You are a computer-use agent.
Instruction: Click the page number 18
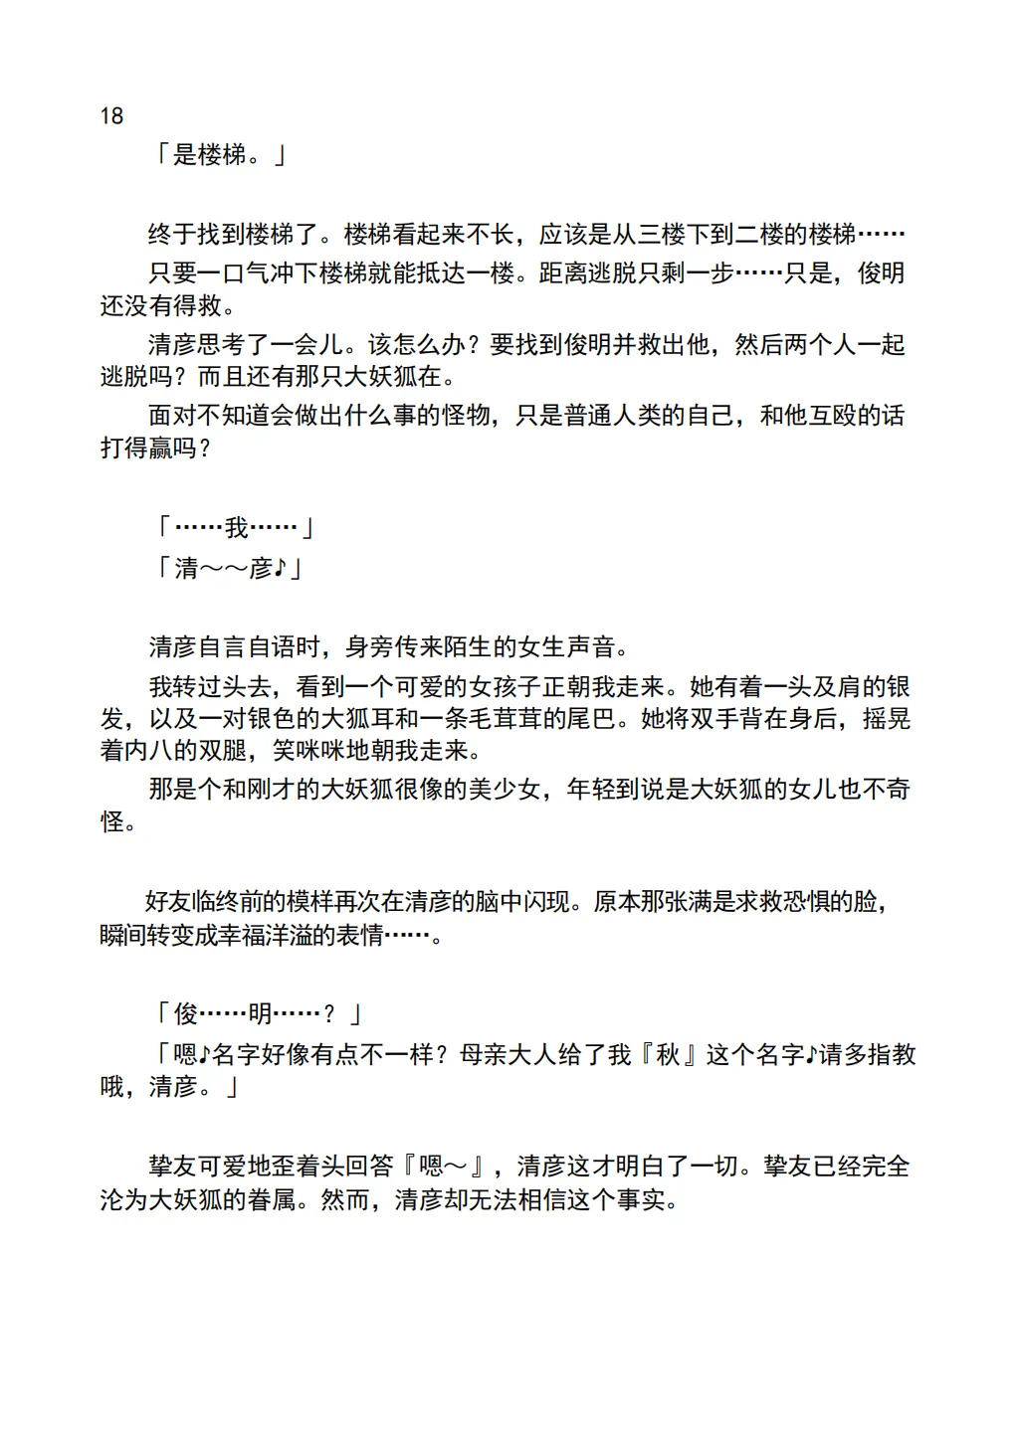tap(111, 116)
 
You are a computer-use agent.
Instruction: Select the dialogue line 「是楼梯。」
tap(220, 155)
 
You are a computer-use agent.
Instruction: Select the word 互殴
tap(832, 416)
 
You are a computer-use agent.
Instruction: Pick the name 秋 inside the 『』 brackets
tap(667, 1055)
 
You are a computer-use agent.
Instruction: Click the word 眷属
tap(271, 1200)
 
